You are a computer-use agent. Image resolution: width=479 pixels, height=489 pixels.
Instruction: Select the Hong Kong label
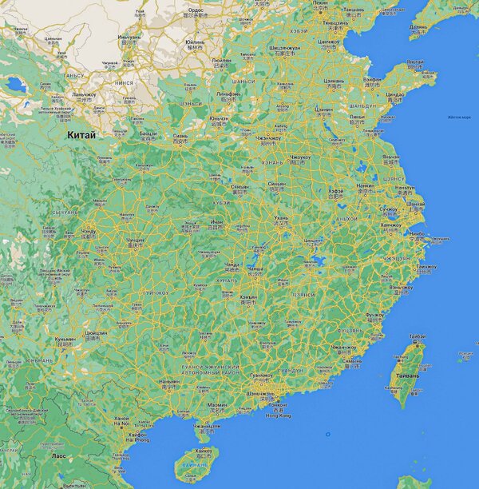[279, 415]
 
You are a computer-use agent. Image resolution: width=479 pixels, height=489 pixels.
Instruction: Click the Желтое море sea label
[458, 117]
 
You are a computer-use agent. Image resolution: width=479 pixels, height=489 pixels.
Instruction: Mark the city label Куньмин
[65, 339]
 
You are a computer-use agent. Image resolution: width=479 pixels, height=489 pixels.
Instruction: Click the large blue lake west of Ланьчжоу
[14, 82]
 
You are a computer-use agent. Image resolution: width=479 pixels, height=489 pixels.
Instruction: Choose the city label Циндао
[394, 93]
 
